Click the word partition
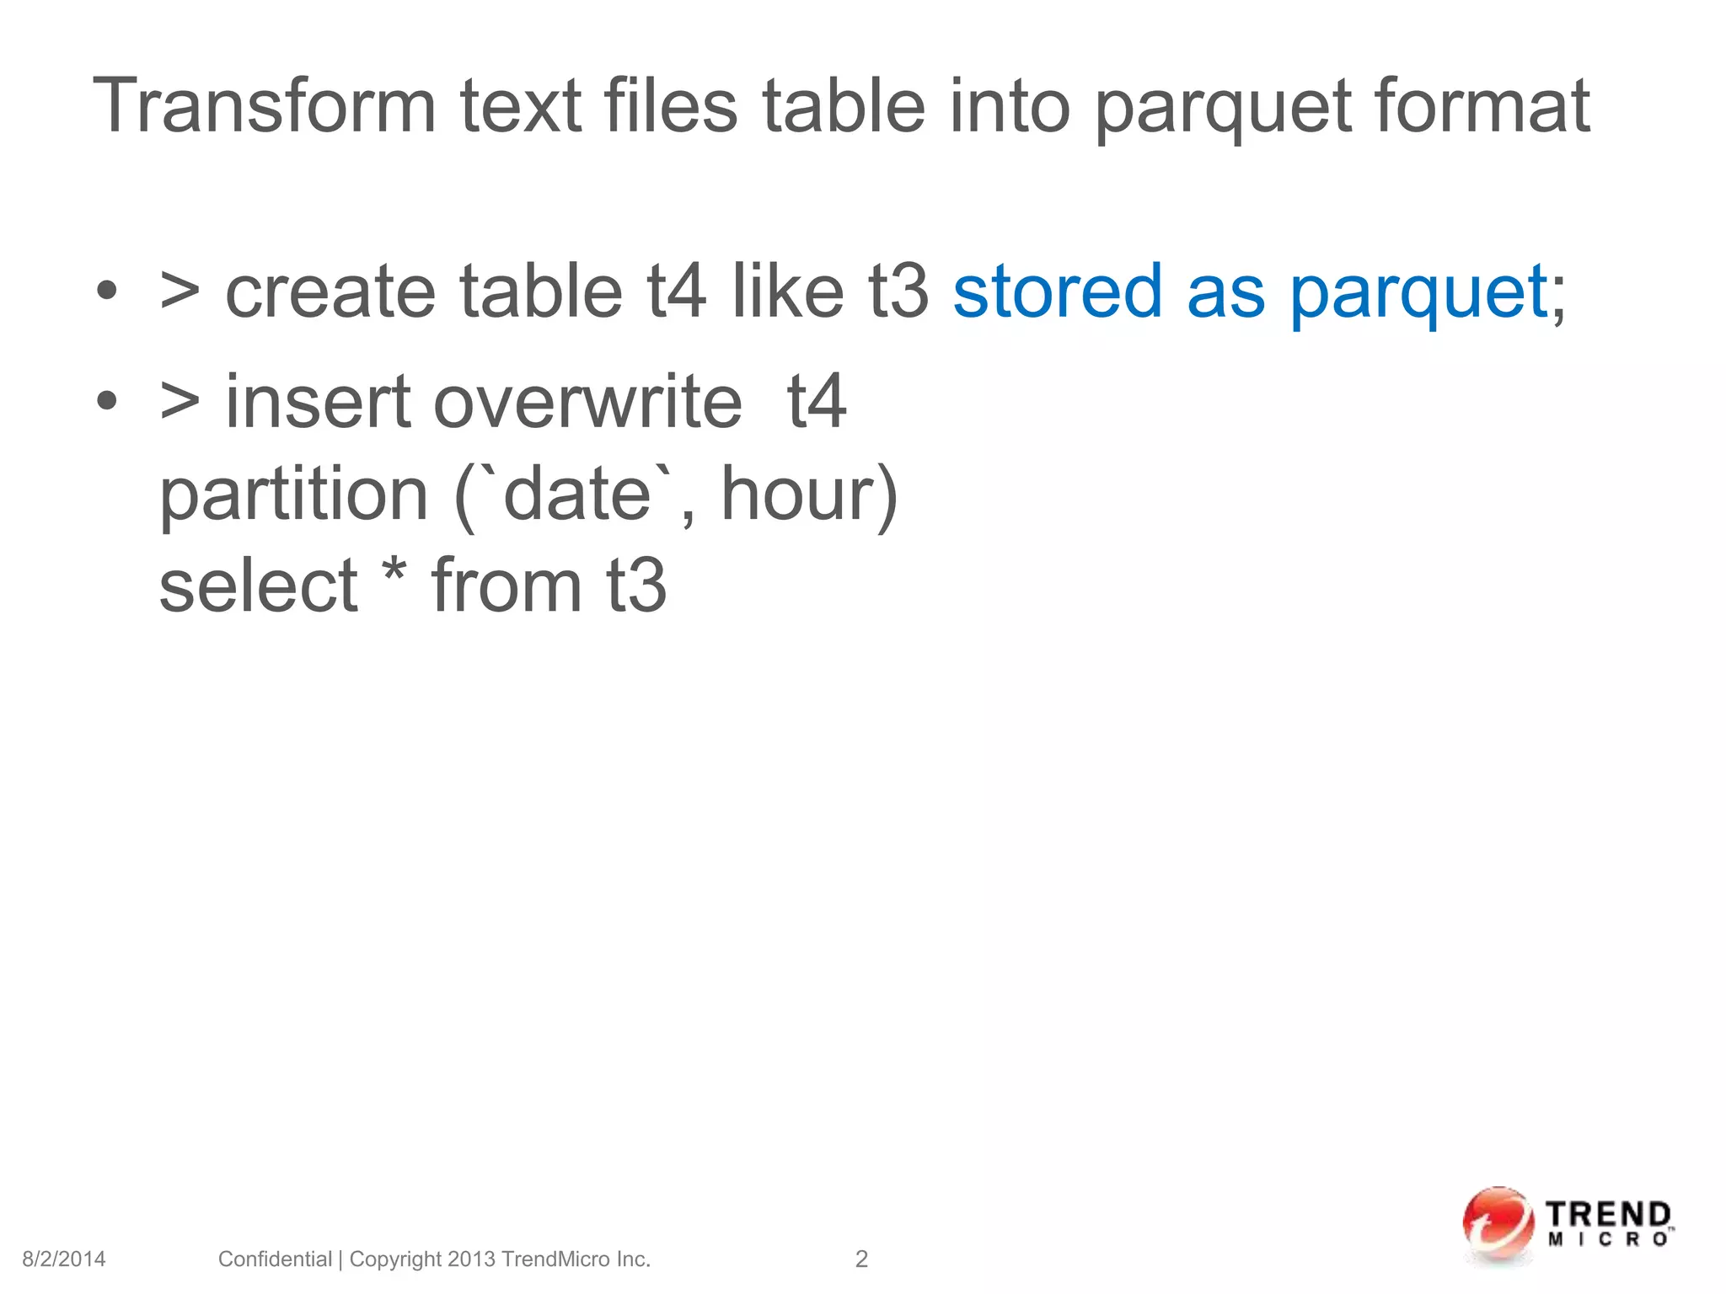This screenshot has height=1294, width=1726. pos(293,495)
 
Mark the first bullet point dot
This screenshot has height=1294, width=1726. pos(106,291)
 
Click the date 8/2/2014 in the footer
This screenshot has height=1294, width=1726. pos(64,1259)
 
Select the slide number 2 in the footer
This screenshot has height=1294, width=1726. pos(861,1259)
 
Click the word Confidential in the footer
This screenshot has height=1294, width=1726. pos(275,1259)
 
